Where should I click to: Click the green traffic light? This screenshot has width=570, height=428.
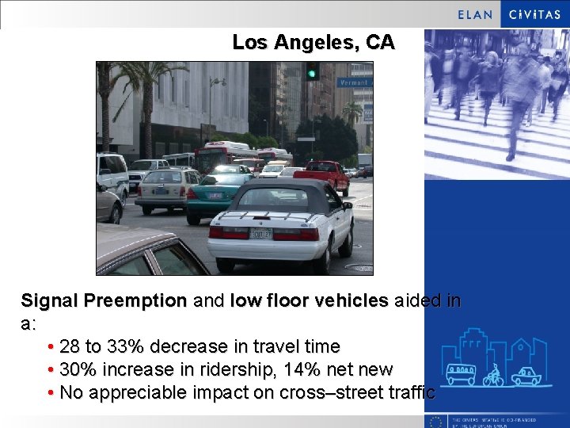pos(313,71)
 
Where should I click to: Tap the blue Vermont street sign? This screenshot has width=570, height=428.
pos(352,82)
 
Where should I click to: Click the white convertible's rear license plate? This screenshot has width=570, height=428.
pos(260,233)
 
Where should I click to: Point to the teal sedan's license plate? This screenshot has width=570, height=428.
pos(215,196)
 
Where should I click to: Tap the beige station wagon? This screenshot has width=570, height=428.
pos(165,190)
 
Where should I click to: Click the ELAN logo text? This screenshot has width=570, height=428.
pos(475,14)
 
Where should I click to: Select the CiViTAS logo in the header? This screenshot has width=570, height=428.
pos(534,14)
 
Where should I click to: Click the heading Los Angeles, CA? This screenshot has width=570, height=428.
pos(313,43)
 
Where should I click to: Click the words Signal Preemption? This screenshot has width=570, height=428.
pos(104,301)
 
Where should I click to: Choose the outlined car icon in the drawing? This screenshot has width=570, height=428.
pos(526,376)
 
